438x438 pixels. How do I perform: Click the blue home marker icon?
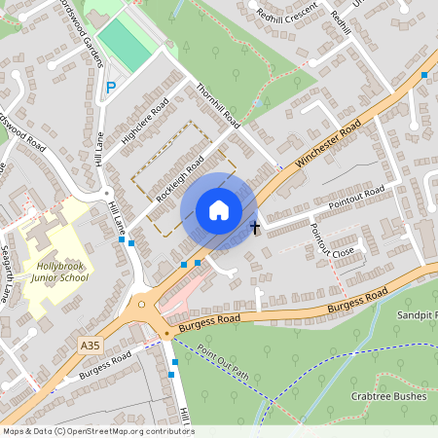pos(219,210)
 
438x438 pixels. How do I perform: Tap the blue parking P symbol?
pos(111,88)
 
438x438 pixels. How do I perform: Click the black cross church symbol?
pos(255,228)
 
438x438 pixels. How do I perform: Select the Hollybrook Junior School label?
pos(59,272)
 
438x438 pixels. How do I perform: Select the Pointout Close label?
pos(332,239)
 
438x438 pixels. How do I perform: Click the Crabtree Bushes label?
pos(389,396)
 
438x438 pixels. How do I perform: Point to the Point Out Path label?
pos(223,362)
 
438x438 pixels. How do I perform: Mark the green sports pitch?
pos(126,42)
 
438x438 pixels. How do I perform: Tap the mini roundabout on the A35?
pos(143,304)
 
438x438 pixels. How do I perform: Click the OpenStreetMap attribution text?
pos(97,431)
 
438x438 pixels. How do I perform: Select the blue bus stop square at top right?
pos(424,74)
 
